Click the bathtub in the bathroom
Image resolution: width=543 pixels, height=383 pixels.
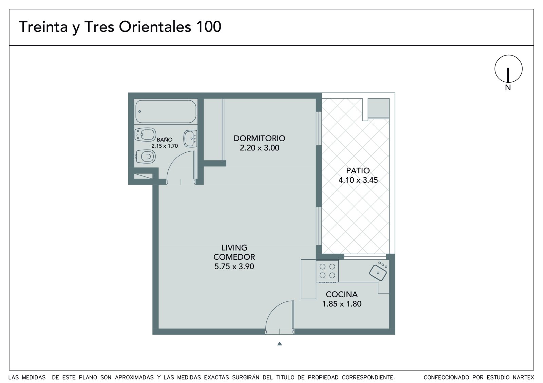coord(166,111)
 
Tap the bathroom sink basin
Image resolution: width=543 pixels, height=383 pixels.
coord(190,139)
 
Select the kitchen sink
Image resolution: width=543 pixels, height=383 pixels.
coord(378,272)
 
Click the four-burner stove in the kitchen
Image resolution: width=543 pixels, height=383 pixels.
coord(327,271)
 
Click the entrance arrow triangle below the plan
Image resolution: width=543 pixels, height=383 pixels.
coord(280,344)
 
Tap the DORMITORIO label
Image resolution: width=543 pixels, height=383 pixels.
coord(259,139)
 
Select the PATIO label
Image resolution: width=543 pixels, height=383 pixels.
coord(358,171)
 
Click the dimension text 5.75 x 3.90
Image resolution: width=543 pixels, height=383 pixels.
coord(234,267)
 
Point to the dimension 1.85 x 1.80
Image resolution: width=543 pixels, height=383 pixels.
coord(341,304)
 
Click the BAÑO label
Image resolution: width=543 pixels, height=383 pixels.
coord(165,140)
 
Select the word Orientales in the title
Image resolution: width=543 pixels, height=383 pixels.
coord(155,27)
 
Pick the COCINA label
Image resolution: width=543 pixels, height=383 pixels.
coord(341,295)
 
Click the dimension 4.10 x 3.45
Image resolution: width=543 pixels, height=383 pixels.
coord(358,180)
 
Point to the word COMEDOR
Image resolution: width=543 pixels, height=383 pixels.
coord(234,257)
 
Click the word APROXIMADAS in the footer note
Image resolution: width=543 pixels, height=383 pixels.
coord(134,378)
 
